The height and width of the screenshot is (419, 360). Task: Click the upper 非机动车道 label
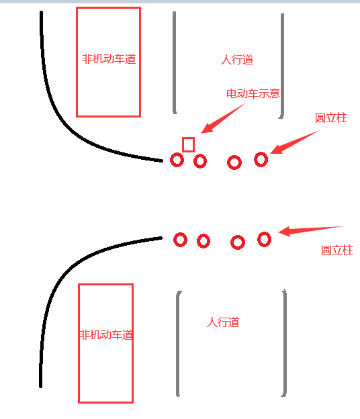109,59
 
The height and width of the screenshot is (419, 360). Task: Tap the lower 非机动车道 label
106,334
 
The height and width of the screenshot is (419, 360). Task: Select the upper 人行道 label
237,59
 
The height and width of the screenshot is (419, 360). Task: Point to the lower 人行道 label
223,322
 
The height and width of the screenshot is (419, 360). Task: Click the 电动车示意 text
253,93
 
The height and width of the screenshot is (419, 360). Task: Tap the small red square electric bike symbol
188,144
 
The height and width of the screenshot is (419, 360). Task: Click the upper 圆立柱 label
331,118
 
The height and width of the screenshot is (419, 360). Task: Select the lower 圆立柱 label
337,250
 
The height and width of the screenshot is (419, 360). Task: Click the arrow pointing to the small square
222,118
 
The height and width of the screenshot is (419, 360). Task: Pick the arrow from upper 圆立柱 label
294,142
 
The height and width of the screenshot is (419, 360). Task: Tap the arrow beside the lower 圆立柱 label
310,231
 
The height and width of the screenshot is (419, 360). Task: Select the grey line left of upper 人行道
174,62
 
